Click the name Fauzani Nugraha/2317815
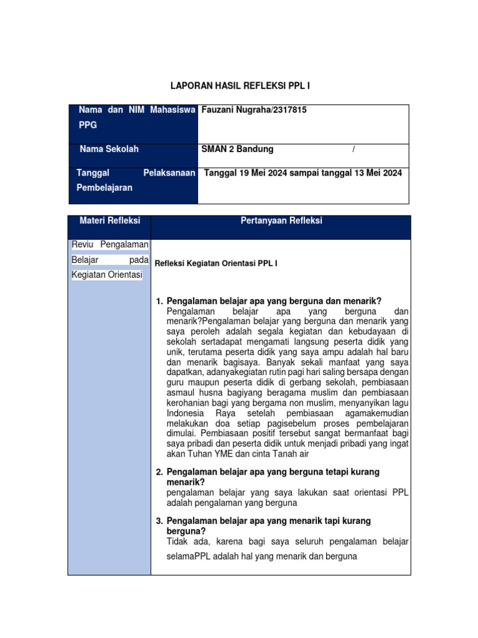[246, 110]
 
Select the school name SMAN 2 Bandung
[238, 150]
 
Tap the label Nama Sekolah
[109, 150]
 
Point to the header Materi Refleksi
[110, 221]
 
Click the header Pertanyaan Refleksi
[281, 221]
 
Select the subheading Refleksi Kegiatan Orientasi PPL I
[215, 264]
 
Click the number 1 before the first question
[159, 301]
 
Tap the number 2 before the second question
[159, 472]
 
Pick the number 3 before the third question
[159, 520]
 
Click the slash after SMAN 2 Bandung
[354, 150]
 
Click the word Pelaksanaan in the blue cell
[169, 173]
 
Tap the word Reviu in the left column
[83, 245]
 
